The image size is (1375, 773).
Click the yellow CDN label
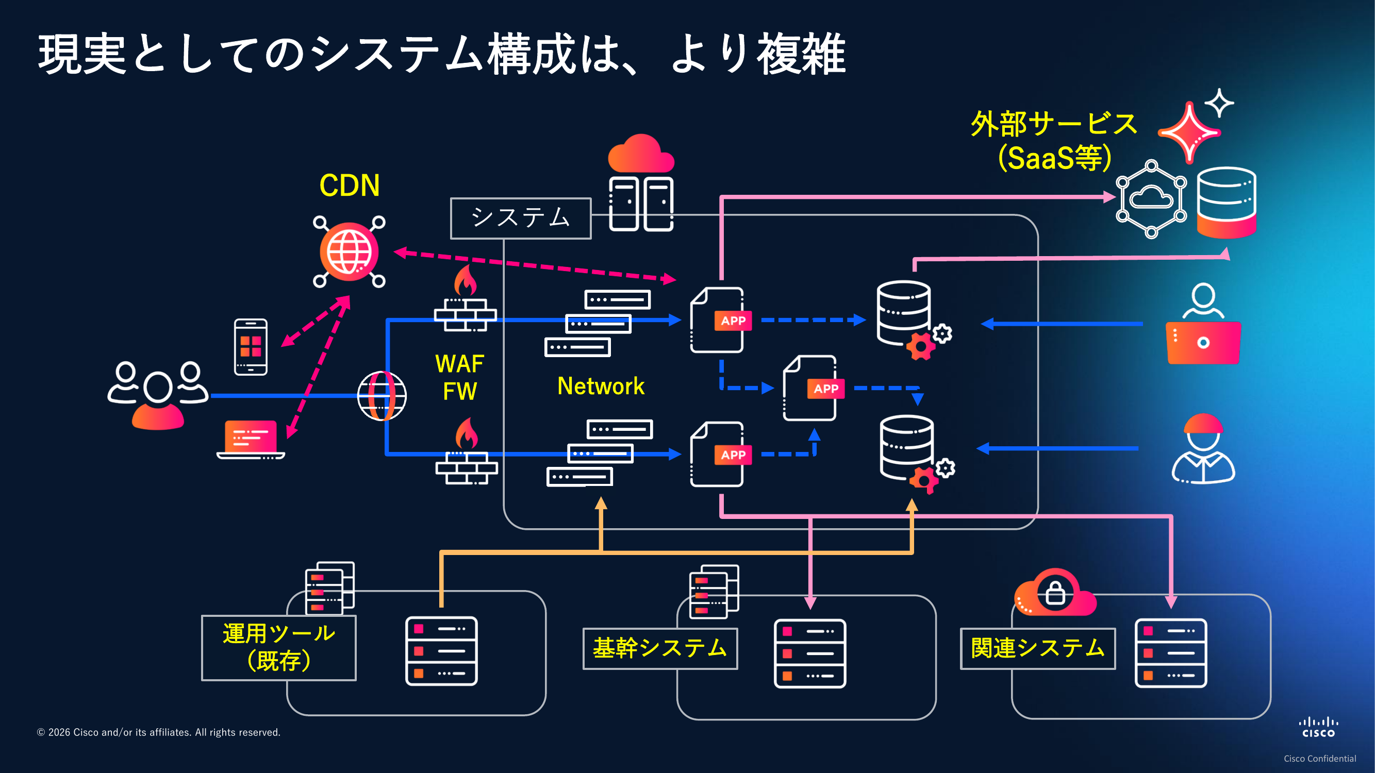[x=349, y=186]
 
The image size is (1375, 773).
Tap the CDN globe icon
[x=349, y=252]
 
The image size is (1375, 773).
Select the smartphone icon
[x=251, y=347]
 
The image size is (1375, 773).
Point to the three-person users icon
[x=157, y=394]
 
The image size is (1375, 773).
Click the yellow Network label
[x=601, y=385]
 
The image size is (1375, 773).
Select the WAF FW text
[x=459, y=377]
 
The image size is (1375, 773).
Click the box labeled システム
[x=520, y=218]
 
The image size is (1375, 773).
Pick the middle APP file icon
[x=810, y=388]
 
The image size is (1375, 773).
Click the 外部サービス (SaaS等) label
[x=1054, y=141]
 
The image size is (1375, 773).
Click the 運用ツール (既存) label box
[x=278, y=648]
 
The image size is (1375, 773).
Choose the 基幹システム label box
[x=660, y=648]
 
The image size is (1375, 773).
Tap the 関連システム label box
[x=1037, y=648]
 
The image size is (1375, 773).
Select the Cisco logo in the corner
[x=1318, y=728]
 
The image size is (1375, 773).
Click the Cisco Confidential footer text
[x=1319, y=759]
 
